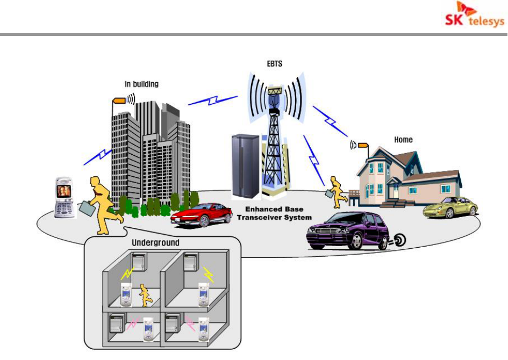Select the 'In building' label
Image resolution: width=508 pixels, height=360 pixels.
click(141, 84)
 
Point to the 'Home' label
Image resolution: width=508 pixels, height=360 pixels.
click(403, 140)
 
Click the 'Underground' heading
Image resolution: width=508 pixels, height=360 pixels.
click(156, 243)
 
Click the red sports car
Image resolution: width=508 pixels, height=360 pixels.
click(197, 214)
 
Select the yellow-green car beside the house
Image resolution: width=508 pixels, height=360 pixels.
click(450, 207)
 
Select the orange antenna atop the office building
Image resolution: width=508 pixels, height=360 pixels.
click(118, 100)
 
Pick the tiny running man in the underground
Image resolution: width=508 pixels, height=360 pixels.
click(145, 295)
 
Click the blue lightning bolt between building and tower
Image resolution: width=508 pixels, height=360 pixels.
click(212, 100)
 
